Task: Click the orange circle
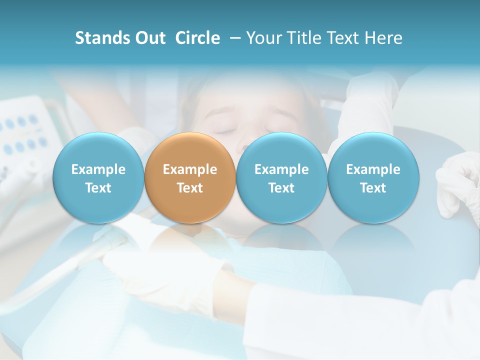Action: pos(190,178)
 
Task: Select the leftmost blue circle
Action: pos(98,178)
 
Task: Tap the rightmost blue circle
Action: pos(373,178)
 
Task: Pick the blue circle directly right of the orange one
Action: pos(281,178)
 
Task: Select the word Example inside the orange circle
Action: pos(190,169)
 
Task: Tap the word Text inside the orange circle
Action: pos(190,188)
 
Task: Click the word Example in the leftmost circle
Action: pos(98,169)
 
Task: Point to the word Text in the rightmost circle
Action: pos(373,188)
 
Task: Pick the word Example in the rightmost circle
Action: pos(373,169)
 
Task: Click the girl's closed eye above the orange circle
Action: pos(227,130)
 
